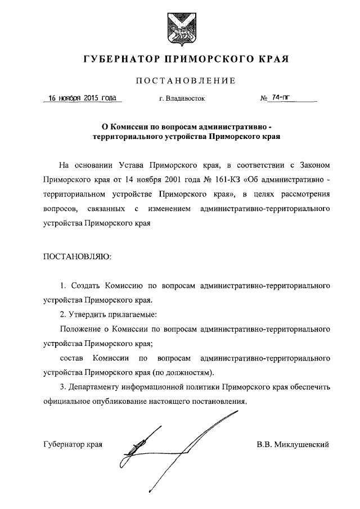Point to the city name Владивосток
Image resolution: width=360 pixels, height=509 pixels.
(x=186, y=99)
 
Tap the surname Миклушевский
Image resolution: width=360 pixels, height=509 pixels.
(x=300, y=444)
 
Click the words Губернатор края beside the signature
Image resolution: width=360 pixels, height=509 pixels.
(x=73, y=444)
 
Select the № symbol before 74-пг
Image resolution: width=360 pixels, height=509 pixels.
(x=263, y=98)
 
